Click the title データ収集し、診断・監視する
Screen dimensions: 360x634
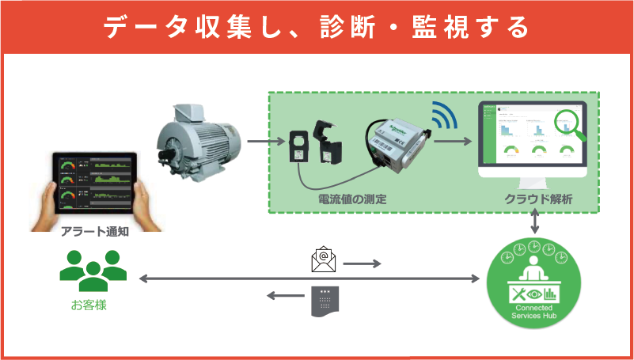(317, 27)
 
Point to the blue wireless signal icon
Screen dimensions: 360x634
(441, 116)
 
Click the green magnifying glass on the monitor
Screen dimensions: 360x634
(570, 125)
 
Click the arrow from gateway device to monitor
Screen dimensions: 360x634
(453, 142)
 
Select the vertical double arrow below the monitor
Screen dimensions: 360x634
(536, 222)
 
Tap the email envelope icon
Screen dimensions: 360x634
(324, 259)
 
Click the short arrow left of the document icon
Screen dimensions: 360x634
(280, 296)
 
